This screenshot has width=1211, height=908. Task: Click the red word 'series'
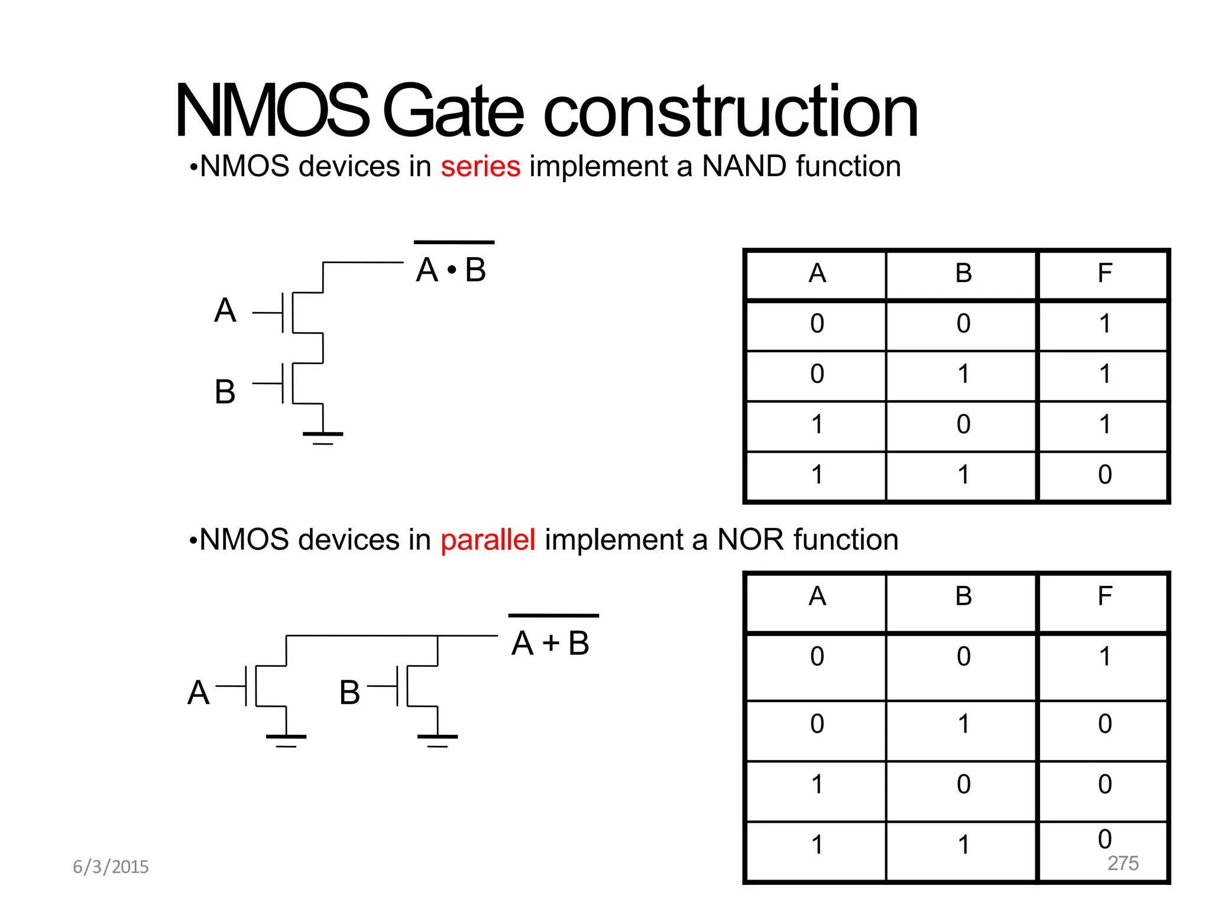(480, 167)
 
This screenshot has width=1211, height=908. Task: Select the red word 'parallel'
(488, 540)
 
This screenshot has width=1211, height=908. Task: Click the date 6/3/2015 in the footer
(111, 867)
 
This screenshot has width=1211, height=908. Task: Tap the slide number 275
(1123, 863)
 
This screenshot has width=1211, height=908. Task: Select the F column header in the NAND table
(1105, 273)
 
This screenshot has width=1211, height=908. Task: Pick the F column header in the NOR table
(1105, 596)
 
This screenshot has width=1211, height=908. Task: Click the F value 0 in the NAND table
(1105, 475)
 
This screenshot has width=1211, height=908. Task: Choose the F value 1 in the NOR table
(1105, 657)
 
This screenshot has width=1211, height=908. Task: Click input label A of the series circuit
(225, 311)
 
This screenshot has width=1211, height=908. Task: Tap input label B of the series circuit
(225, 392)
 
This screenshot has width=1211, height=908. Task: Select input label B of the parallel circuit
(349, 693)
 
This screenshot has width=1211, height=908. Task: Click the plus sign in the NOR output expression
(551, 643)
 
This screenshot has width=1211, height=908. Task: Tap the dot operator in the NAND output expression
(452, 271)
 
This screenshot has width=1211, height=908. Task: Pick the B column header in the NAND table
(963, 273)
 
